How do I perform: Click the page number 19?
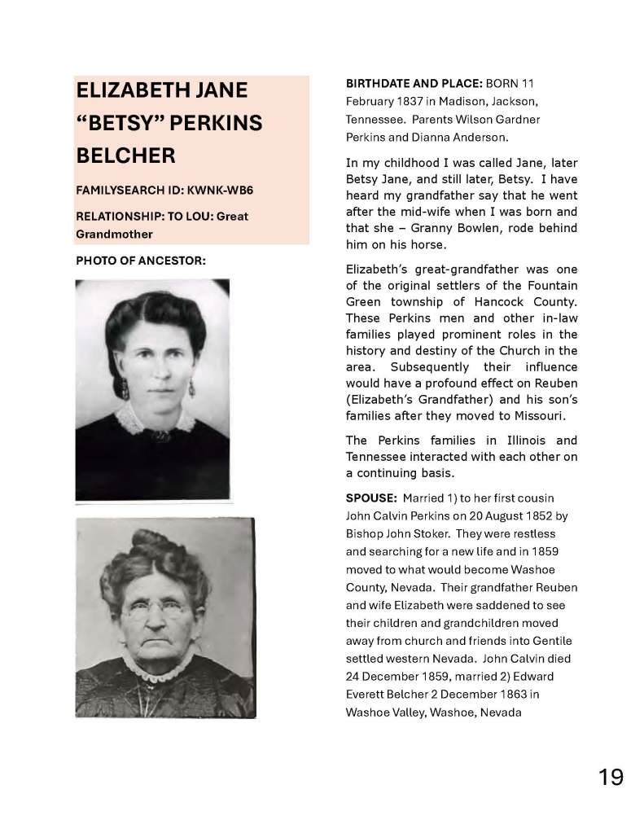coord(611,777)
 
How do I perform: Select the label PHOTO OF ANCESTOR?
coord(140,261)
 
